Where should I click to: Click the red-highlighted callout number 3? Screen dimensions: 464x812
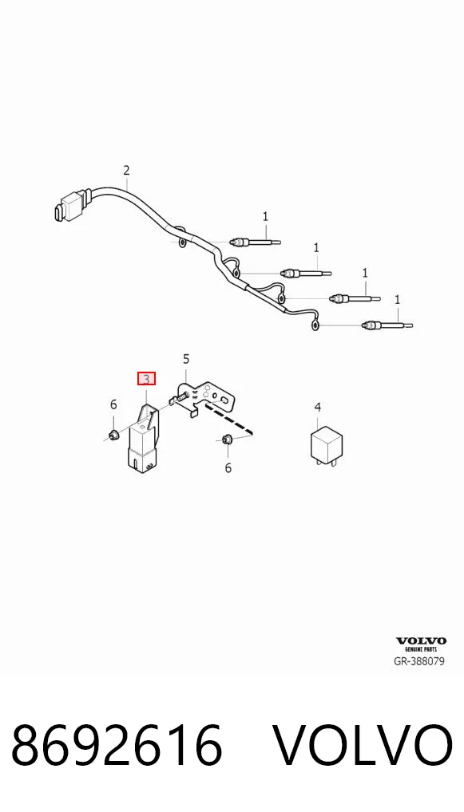146,379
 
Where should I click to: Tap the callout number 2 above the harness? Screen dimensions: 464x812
126,170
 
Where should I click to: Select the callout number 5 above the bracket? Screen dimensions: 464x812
186,359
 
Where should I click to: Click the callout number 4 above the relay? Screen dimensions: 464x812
318,408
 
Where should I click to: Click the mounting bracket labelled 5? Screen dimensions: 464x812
208,398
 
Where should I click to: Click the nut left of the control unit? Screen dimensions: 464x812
113,434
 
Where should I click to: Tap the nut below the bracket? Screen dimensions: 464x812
226,440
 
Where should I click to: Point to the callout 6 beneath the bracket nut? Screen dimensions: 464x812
228,468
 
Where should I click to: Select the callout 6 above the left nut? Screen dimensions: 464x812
113,405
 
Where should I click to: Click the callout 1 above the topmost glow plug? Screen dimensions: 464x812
265,216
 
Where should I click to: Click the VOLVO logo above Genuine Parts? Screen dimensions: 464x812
421,641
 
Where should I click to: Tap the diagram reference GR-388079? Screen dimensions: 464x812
420,661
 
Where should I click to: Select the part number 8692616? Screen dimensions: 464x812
117,746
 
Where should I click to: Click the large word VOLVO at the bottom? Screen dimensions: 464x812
363,746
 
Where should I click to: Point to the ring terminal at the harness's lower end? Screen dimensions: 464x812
315,325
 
